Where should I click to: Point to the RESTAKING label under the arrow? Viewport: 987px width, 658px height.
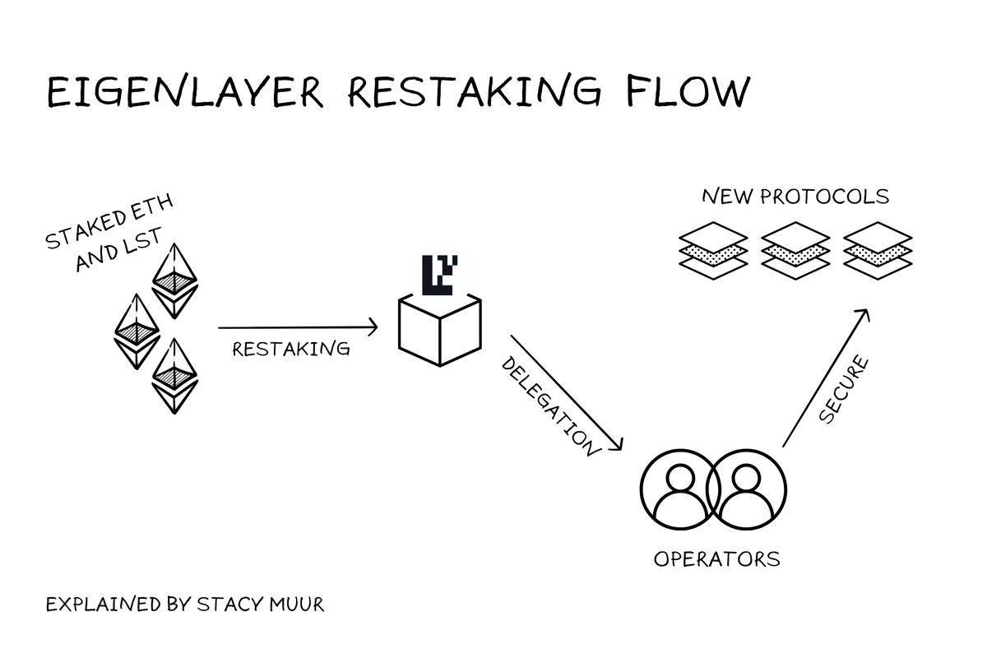pos(291,349)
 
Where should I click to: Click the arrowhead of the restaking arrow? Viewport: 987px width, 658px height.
pos(373,327)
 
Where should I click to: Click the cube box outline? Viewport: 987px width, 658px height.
pos(439,329)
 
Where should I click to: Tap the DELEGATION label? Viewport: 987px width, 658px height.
pos(548,405)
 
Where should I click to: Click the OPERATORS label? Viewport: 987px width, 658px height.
pos(716,559)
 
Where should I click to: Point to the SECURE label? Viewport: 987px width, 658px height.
pos(844,390)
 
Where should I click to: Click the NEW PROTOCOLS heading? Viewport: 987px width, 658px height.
pos(795,197)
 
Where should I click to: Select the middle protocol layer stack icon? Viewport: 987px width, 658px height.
pos(795,246)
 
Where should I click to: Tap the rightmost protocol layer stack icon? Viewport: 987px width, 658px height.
pos(878,246)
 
